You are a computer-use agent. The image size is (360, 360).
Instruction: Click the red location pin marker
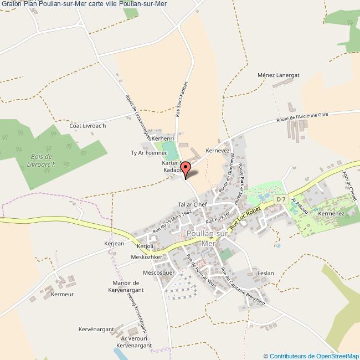(187, 167)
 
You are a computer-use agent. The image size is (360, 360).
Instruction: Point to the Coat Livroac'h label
(87, 126)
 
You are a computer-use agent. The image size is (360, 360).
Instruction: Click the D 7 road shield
(281, 199)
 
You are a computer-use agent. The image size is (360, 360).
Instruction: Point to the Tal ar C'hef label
(192, 204)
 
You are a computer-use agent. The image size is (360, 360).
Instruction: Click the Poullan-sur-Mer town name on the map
(208, 238)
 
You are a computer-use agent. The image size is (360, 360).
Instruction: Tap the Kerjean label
(113, 243)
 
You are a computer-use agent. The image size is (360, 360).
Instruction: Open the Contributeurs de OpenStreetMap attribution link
(311, 356)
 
